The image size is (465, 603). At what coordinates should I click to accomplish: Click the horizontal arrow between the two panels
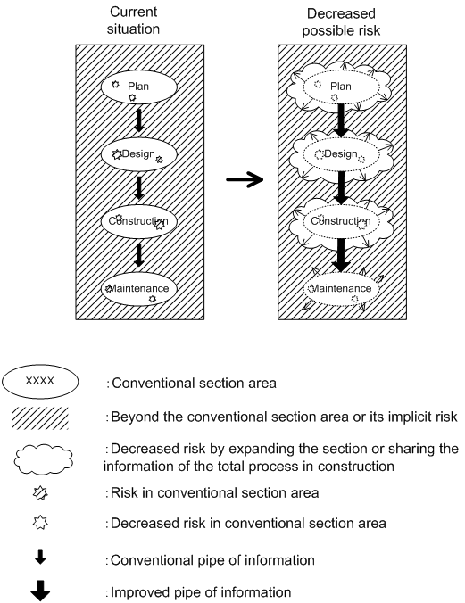click(245, 179)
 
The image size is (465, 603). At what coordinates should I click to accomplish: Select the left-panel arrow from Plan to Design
click(139, 120)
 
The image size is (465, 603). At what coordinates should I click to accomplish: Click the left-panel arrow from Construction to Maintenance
click(139, 255)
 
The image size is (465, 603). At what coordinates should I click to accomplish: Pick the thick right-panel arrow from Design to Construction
click(341, 188)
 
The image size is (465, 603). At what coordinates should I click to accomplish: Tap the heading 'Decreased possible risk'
click(341, 22)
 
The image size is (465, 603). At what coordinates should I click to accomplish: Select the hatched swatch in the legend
click(40, 418)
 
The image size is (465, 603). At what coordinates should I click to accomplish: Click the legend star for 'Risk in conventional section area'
click(40, 493)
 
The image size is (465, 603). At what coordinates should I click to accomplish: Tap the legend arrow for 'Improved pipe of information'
click(40, 591)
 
